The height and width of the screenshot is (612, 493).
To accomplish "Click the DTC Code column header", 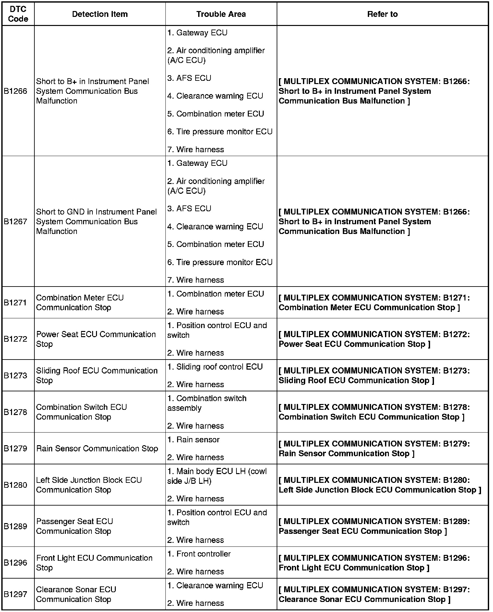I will (18, 14).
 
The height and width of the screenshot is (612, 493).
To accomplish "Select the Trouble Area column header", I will (221, 14).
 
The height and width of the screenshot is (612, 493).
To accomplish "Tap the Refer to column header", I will (382, 14).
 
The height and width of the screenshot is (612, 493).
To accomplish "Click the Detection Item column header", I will (100, 14).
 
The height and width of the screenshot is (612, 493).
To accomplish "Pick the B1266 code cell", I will (16, 91).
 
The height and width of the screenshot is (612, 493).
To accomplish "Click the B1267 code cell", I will (16, 222).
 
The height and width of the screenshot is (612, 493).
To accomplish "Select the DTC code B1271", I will (16, 302).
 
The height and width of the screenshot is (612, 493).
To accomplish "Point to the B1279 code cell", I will (16, 448).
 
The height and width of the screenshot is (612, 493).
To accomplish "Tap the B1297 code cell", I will (16, 594).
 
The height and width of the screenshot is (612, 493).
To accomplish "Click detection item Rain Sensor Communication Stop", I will (97, 448).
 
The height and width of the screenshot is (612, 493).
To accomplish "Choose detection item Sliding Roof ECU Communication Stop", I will (97, 375).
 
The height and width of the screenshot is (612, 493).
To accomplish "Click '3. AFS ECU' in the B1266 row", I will (189, 78).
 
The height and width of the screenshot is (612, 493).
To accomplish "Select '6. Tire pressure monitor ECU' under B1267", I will (220, 262).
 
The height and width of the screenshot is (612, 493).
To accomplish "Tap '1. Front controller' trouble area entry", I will (199, 554).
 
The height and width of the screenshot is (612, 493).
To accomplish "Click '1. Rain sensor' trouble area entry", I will (193, 440).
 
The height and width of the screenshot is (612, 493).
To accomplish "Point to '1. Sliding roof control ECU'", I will (215, 367).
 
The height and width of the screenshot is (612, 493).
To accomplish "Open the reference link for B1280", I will (379, 485).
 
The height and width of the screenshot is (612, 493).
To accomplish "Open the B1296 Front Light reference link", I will (374, 563).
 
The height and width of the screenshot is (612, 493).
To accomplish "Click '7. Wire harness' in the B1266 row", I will (196, 150).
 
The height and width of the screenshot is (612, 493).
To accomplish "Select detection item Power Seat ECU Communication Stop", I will (96, 339).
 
